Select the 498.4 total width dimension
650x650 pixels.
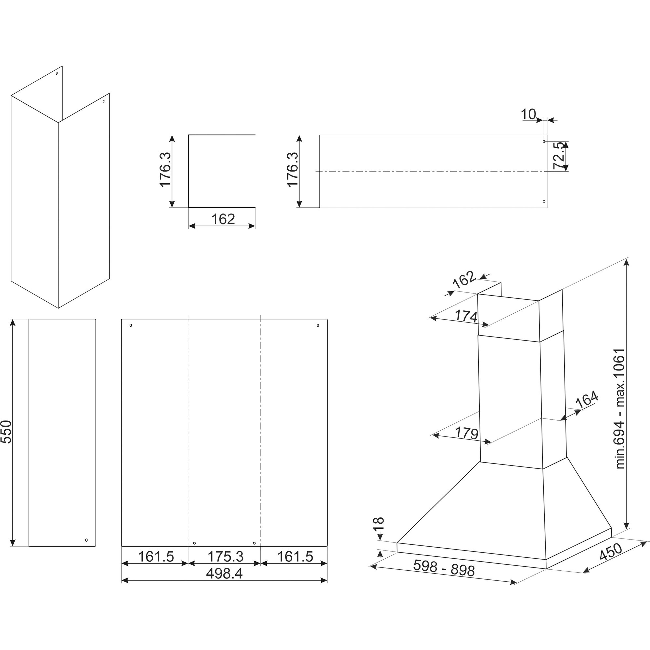click(224, 574)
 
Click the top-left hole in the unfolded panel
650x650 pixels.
click(131, 325)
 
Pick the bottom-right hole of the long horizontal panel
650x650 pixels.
click(544, 202)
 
